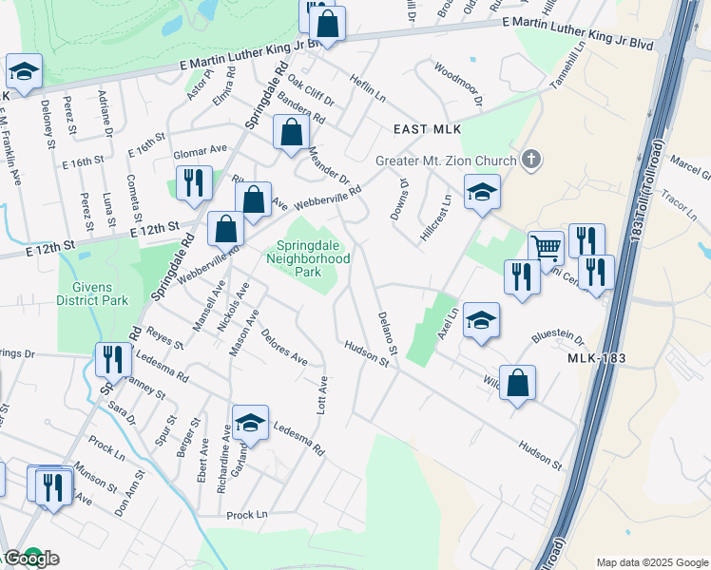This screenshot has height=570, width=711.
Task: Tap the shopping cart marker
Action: click(x=546, y=247)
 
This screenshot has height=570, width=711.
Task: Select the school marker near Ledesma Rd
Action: click(x=251, y=424)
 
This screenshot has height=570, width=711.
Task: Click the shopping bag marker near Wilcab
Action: click(x=517, y=383)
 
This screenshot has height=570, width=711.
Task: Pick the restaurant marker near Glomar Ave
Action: click(x=194, y=182)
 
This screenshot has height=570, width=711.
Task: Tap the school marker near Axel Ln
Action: click(x=482, y=320)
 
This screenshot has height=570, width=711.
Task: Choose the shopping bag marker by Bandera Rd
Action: click(x=292, y=132)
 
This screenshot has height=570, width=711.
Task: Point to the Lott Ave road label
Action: click(x=322, y=390)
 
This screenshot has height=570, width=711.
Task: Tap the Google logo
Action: click(x=30, y=559)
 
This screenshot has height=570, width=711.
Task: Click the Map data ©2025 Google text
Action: click(x=652, y=561)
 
